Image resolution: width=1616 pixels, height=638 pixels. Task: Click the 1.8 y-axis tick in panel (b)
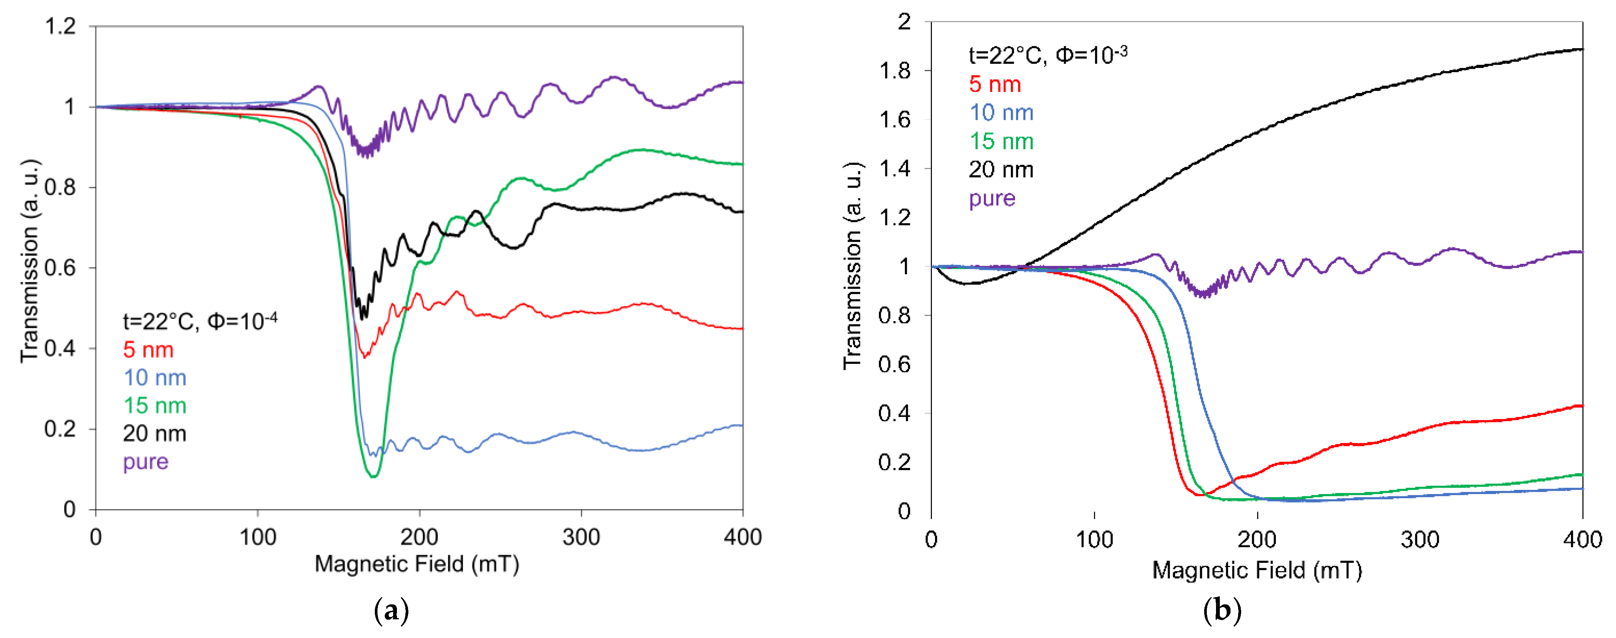pyautogui.click(x=895, y=71)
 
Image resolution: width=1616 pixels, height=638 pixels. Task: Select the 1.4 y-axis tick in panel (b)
pyautogui.click(x=895, y=169)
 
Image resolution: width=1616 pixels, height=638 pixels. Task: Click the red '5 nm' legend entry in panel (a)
pyautogui.click(x=148, y=350)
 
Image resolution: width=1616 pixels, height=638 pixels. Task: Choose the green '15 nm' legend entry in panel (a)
pyautogui.click(x=154, y=405)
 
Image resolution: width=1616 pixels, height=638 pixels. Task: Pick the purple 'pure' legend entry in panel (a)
pyautogui.click(x=146, y=462)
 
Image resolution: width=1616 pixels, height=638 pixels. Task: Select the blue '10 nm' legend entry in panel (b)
pyautogui.click(x=1001, y=113)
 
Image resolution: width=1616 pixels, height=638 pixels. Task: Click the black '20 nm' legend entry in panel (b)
pyautogui.click(x=1001, y=170)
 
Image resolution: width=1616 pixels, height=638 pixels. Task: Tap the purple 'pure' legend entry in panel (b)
pyautogui.click(x=992, y=199)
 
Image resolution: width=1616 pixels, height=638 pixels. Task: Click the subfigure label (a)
pyautogui.click(x=392, y=611)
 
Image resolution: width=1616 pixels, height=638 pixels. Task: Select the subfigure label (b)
pyautogui.click(x=1222, y=611)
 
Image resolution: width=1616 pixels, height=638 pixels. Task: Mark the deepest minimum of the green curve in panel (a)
pyautogui.click(x=373, y=476)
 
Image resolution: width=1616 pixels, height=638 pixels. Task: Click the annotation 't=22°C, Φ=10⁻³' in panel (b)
pyautogui.click(x=1047, y=55)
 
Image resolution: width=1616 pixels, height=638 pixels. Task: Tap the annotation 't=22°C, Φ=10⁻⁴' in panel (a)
pyautogui.click(x=199, y=321)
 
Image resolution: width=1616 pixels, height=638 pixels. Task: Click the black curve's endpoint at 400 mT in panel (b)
pyautogui.click(x=1582, y=49)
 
